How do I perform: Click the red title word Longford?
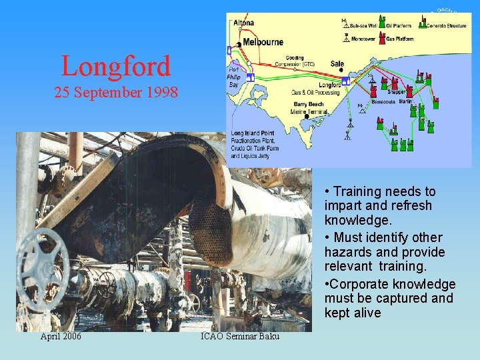(115, 66)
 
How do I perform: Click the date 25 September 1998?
(116, 93)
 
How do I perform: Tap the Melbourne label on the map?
(263, 42)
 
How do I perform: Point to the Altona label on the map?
(243, 23)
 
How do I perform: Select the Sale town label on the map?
(337, 64)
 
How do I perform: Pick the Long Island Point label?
(253, 133)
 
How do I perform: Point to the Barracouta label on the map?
(381, 102)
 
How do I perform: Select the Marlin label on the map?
(408, 101)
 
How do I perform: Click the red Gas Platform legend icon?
(381, 37)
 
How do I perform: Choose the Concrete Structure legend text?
(448, 25)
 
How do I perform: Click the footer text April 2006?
(61, 337)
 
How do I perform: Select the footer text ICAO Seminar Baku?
(240, 337)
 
